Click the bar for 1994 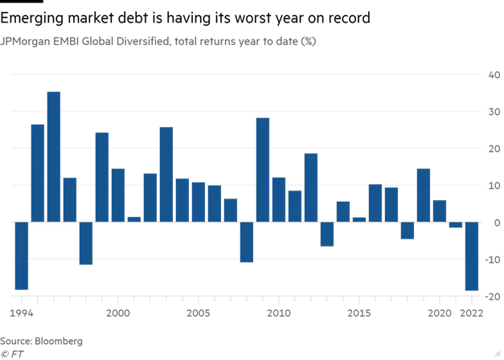[22, 256]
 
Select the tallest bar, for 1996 [54, 157]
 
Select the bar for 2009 [263, 170]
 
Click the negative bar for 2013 [327, 234]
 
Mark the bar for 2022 [472, 256]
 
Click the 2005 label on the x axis [199, 312]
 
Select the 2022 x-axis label [472, 312]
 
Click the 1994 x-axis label [22, 312]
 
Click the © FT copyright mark [11, 353]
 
